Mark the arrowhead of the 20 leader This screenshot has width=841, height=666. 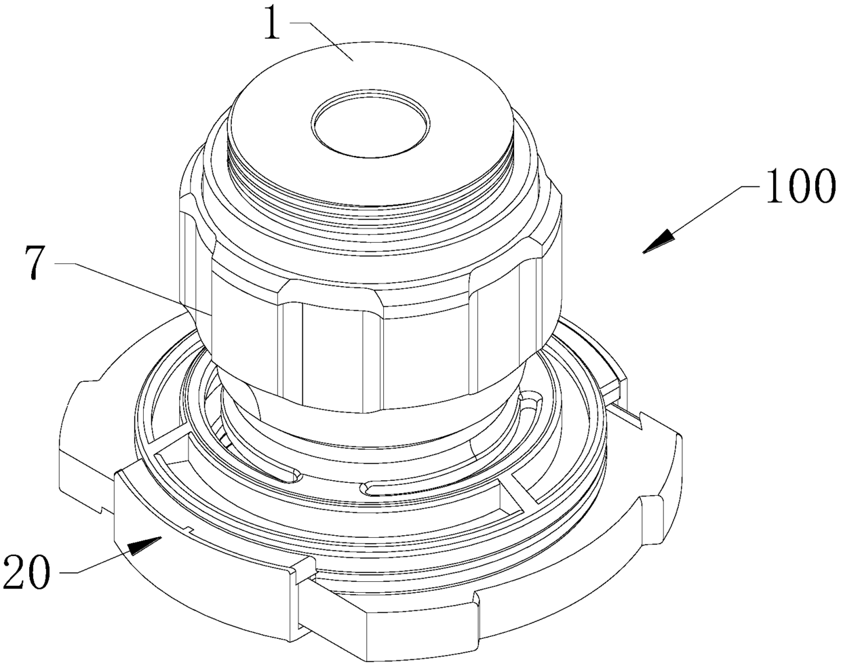[144, 546]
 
